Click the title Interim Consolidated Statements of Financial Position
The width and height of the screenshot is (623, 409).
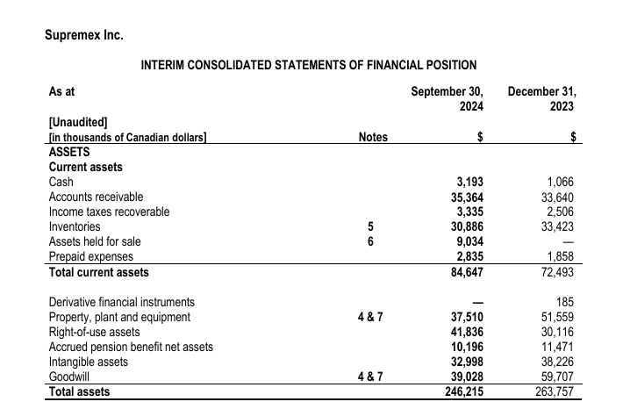coord(309,65)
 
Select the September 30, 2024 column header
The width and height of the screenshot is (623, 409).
coord(448,98)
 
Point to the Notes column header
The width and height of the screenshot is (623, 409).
coord(374,138)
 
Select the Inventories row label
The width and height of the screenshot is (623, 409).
coord(75,226)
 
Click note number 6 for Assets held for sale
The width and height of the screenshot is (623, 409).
coord(373,241)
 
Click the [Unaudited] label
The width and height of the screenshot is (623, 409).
coord(78,122)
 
